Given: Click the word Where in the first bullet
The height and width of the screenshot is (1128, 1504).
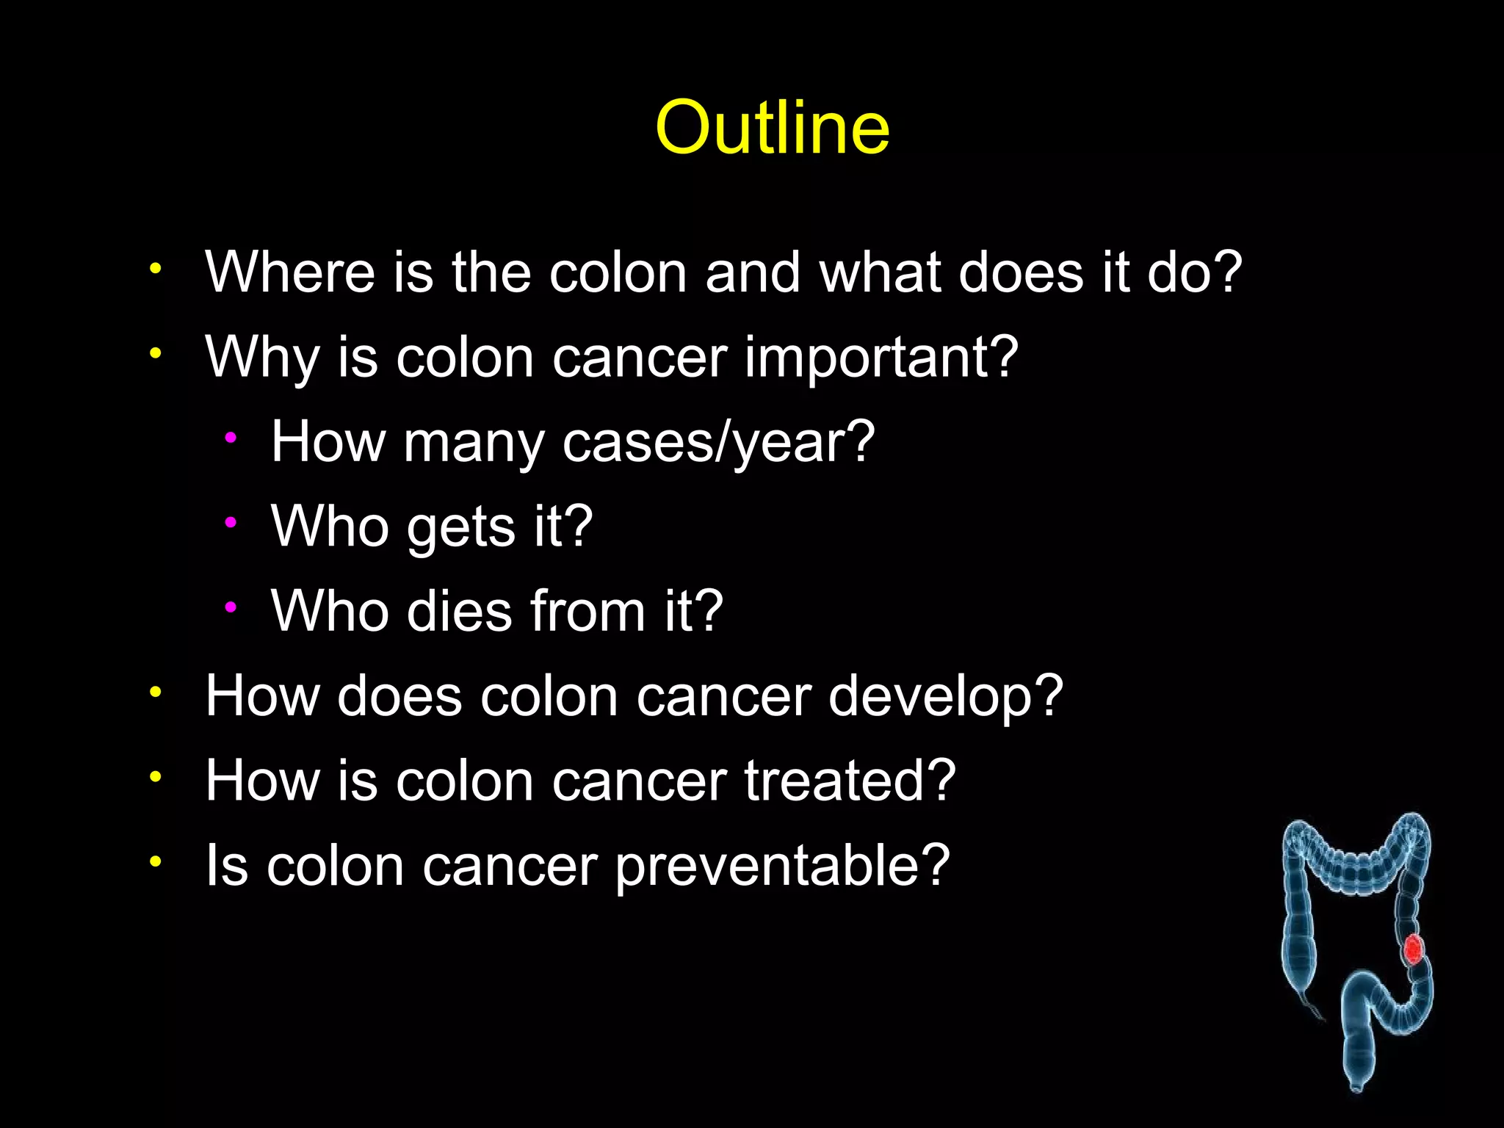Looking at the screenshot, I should pos(290,272).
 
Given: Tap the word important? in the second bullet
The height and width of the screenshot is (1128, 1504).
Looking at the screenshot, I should pos(881,358).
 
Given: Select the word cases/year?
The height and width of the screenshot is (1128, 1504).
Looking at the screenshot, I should pos(718,443).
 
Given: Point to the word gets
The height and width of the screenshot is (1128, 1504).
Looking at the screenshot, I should pos(461,528).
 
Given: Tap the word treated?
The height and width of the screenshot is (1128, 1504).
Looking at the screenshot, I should pos(850,781).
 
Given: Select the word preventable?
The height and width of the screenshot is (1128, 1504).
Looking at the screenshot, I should pos(782,867).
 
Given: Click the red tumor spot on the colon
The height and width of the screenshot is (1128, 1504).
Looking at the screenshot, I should pos(1413,949).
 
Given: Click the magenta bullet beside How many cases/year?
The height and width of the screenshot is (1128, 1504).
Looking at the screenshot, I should pos(231,438).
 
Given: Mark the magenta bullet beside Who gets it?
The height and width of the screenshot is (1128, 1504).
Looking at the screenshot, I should pos(231,523).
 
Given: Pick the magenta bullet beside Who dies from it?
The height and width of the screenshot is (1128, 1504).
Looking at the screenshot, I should pos(231,607).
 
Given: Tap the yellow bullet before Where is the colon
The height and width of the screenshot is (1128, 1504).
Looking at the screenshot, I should pos(154,268).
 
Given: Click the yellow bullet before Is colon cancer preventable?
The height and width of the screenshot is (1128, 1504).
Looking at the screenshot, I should pos(154,861).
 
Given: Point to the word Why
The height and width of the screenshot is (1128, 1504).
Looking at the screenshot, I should pos(261,358).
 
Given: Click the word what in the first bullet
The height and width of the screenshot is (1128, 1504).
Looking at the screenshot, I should pos(880,272).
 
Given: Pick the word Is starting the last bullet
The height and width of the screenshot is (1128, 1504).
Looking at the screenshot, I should pos(226,865).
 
